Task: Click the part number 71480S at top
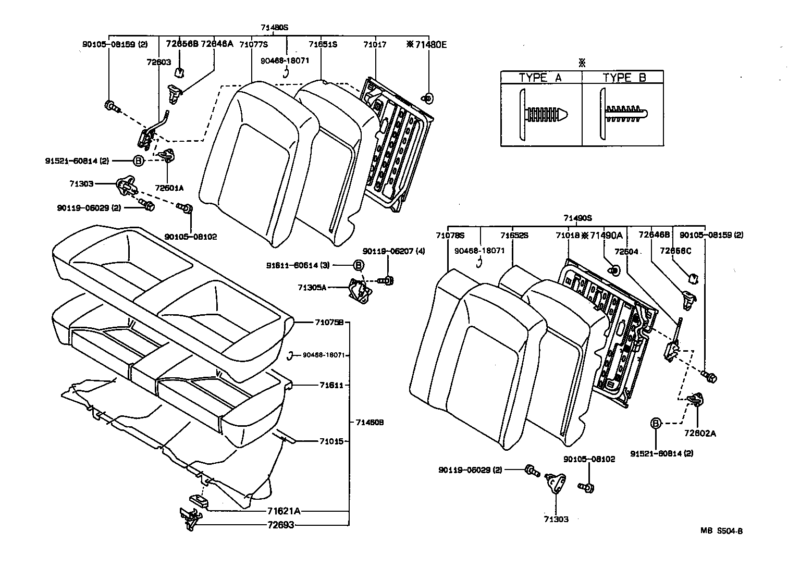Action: [275, 27]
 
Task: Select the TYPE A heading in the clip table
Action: [540, 78]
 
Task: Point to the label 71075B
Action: [329, 322]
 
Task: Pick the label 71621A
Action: [284, 511]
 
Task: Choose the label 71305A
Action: [312, 287]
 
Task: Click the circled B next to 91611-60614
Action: [359, 265]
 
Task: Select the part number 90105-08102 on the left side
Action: [190, 237]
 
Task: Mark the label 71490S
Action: [577, 218]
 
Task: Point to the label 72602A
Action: [700, 433]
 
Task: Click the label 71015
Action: [331, 441]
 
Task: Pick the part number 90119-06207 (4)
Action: [393, 251]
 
